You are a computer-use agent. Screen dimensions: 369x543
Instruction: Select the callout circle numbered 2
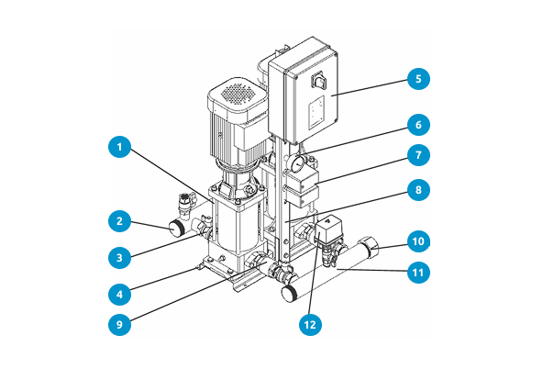[x=118, y=220]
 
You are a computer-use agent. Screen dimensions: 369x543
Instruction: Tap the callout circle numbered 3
[x=118, y=257]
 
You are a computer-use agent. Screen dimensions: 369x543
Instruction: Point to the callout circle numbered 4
[x=118, y=294]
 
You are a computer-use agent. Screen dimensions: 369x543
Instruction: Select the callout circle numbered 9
[x=118, y=324]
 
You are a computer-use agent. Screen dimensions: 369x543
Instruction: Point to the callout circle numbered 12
[x=311, y=322]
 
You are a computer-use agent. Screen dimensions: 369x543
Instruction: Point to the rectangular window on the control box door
[x=316, y=115]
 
